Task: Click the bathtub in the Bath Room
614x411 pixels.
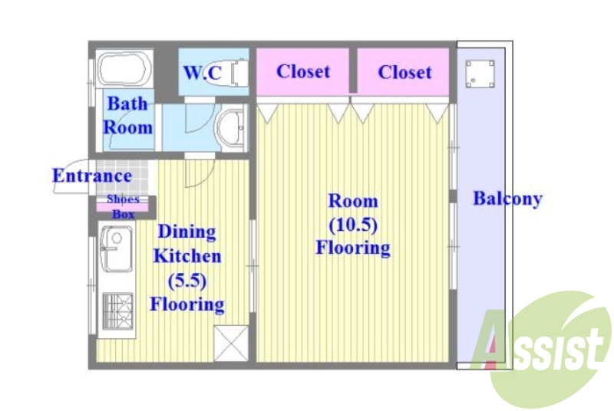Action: coord(124,69)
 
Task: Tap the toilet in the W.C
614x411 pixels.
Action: coord(239,72)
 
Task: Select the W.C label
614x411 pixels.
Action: coord(203,72)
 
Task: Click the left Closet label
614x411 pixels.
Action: coord(303,71)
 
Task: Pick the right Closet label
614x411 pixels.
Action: coord(405,72)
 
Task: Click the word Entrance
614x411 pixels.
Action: coord(92,176)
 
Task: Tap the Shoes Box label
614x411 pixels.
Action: coord(123,206)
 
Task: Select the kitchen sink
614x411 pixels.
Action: coord(117,250)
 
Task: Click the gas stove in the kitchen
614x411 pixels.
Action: coord(118,311)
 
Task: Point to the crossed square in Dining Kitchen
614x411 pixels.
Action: coord(231,344)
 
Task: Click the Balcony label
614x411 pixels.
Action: coord(507,199)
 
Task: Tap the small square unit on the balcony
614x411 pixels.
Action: coord(480,74)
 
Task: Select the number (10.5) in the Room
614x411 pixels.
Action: coord(353,225)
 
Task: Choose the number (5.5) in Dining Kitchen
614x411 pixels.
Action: coord(187,281)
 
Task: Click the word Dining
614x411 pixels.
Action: coord(187,232)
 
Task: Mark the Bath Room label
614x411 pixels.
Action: coord(127,116)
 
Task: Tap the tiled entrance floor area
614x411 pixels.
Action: coord(122,177)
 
